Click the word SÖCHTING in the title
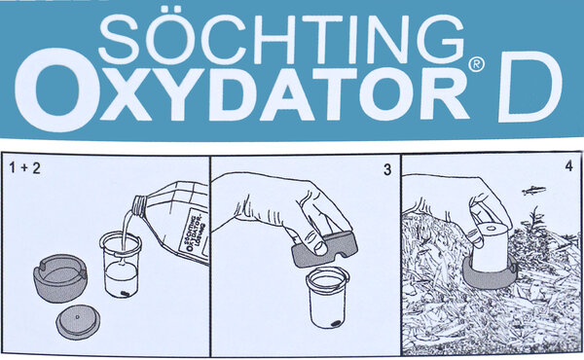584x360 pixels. (x=282, y=41)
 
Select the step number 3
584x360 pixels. (x=386, y=169)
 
